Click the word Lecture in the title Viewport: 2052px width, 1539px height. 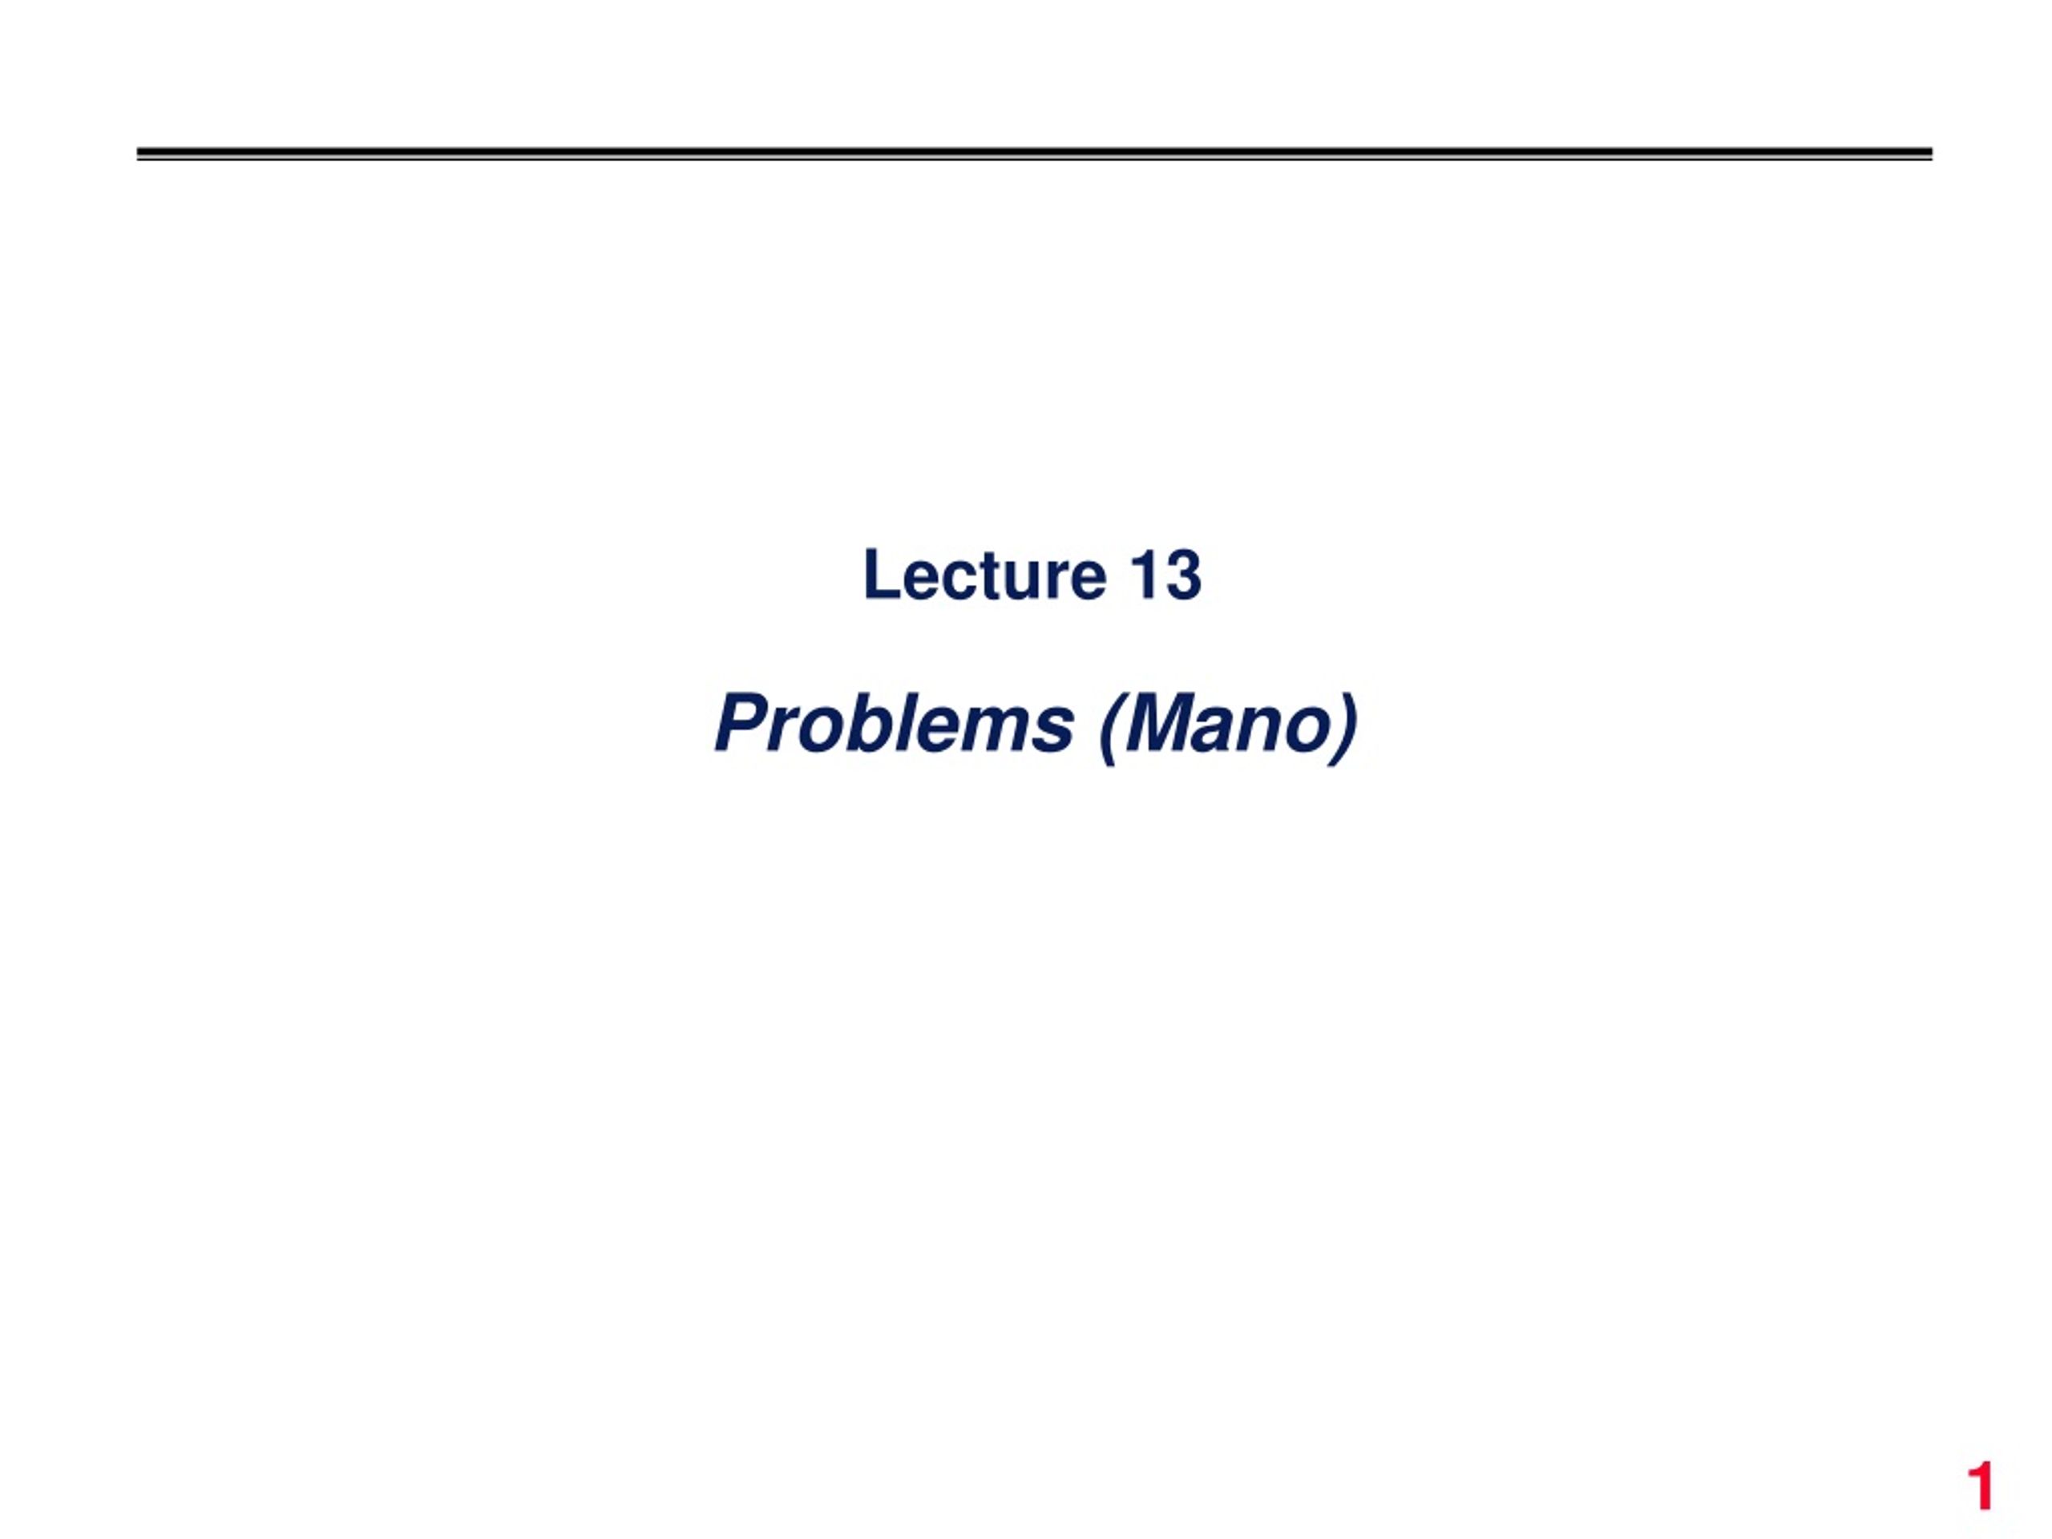pos(984,576)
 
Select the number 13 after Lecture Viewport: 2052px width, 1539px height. pos(1166,576)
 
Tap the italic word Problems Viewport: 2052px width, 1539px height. pos(895,725)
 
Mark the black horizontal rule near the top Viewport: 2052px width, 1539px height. pos(1034,154)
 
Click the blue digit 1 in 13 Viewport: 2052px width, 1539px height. pos(1143,576)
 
